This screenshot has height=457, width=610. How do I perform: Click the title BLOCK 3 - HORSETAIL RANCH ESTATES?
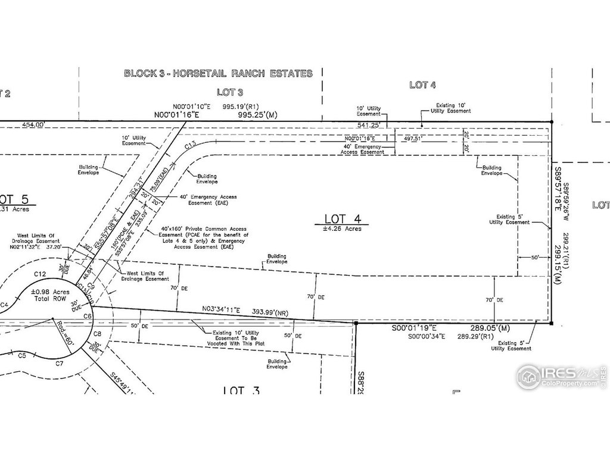pyautogui.click(x=218, y=74)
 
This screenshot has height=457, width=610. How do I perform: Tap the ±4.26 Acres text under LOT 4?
pyautogui.click(x=343, y=228)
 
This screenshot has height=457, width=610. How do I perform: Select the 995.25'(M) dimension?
pyautogui.click(x=257, y=114)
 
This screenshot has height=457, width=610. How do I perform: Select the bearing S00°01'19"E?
pyautogui.click(x=415, y=328)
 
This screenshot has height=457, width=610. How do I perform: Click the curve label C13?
pyautogui.click(x=191, y=145)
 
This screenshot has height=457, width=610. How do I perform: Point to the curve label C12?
pyautogui.click(x=40, y=273)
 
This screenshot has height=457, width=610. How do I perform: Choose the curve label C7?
pyautogui.click(x=59, y=362)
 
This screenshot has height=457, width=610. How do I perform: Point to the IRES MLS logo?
pyautogui.click(x=561, y=376)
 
